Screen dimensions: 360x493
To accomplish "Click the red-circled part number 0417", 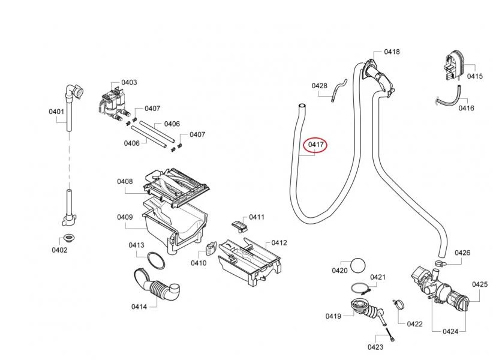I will point(316,145).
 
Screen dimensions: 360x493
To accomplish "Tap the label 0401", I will point(56,112).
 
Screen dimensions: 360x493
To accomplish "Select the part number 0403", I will point(129,82).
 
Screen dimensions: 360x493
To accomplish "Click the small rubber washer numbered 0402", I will point(69,236).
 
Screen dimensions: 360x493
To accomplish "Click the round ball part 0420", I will point(358,265).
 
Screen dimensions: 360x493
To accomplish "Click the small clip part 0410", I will point(211,250).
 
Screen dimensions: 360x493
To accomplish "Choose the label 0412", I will point(279,243).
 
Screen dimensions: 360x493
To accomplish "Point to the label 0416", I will point(466,108).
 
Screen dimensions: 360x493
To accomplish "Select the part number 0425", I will point(479,284).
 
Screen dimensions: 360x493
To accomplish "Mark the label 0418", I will point(392,52).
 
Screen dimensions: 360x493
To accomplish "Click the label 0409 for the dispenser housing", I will point(125,217).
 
